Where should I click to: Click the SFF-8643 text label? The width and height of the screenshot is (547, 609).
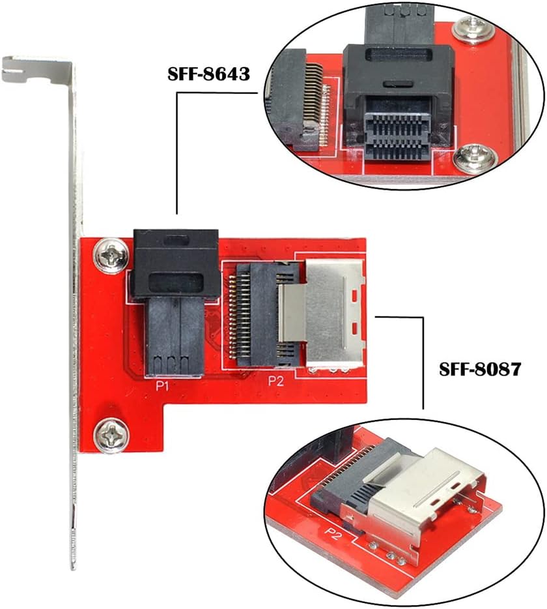point(209,74)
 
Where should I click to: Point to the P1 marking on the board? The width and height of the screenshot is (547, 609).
point(162,386)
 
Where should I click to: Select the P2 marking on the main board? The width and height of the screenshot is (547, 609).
point(277,382)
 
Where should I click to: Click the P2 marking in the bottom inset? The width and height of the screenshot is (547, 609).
point(333,533)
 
